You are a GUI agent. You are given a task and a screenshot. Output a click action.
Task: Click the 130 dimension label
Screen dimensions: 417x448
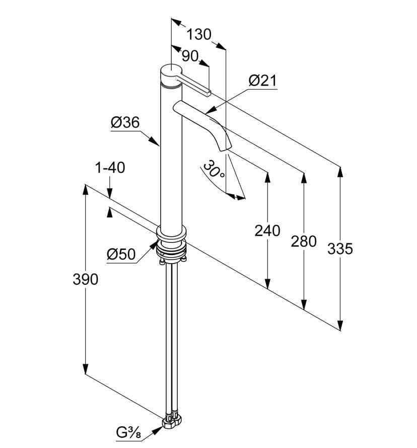click(x=199, y=34)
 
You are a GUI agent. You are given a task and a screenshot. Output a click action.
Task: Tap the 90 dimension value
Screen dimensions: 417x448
click(x=190, y=56)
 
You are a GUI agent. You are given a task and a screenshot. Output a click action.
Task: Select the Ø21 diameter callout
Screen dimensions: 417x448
click(x=262, y=81)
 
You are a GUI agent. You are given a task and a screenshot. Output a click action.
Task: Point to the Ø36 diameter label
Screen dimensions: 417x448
click(x=125, y=122)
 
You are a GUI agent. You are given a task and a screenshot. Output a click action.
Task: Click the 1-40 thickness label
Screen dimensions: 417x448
click(x=110, y=168)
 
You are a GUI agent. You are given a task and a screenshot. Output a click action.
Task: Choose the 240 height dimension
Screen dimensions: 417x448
click(x=267, y=231)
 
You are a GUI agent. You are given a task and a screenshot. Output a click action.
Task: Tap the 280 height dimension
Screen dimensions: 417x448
click(x=304, y=241)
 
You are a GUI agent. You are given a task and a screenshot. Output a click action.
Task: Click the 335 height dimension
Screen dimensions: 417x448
click(x=340, y=248)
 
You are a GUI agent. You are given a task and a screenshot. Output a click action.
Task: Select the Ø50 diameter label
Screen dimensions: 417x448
click(x=121, y=254)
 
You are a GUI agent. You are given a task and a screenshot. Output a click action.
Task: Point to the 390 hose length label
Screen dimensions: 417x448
click(x=86, y=279)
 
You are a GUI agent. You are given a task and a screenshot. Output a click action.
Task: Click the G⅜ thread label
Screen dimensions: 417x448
click(x=128, y=432)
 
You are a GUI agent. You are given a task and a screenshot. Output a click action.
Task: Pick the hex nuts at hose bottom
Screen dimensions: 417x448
click(x=172, y=421)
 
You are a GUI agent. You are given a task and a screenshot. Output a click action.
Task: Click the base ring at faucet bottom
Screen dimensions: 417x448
click(x=171, y=233)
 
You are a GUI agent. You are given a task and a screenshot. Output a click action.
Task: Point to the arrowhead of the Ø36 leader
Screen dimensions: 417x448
click(x=155, y=141)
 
